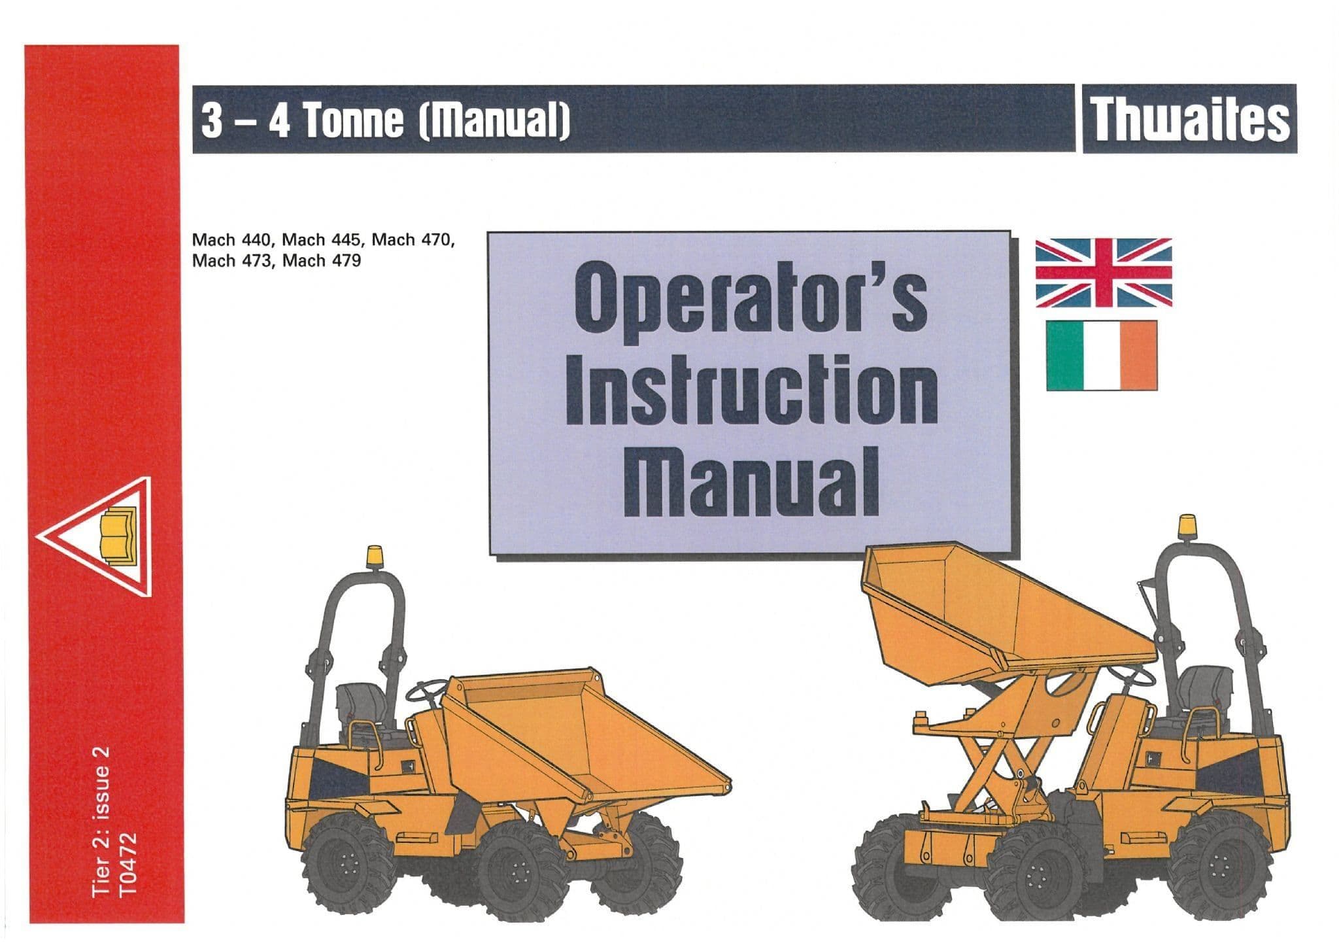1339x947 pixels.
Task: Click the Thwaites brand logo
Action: coord(1189,119)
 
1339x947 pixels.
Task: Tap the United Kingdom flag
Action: coord(1104,273)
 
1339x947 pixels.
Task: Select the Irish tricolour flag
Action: coord(1102,356)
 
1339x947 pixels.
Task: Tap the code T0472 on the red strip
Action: coord(129,863)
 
